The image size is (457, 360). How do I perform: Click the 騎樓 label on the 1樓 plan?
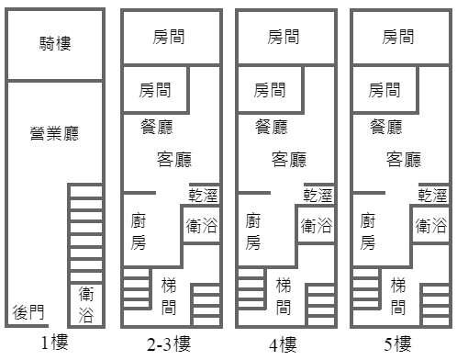pos(55,43)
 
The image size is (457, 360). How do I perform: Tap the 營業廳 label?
pos(54,133)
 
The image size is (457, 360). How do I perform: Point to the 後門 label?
pos(28,312)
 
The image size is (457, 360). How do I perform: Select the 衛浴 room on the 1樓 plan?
pos(86,305)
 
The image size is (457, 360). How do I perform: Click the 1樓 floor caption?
pos(54,343)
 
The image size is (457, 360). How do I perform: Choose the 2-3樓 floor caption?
pos(169,344)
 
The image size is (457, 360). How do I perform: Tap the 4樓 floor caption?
pos(283,344)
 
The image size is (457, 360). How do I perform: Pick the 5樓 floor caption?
pos(397,344)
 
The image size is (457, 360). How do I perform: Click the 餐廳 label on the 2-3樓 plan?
pos(157,127)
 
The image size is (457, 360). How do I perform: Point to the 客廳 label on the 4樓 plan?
pos(289,159)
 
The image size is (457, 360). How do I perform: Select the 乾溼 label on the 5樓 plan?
pos(432,196)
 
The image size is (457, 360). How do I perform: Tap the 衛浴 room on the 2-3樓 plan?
pos(201,225)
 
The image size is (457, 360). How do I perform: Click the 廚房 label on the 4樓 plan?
pos(253,231)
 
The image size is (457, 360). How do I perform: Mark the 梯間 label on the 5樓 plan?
pos(398,297)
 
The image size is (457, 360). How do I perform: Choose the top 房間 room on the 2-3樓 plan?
pos(172,37)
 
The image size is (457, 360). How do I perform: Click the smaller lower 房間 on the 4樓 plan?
pos(270,90)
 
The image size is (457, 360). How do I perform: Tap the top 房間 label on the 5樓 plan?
pos(398,37)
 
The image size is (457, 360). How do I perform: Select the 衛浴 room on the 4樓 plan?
pos(316,225)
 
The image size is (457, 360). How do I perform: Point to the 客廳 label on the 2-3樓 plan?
pos(174,159)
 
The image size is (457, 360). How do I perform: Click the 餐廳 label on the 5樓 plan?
pos(386,127)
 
